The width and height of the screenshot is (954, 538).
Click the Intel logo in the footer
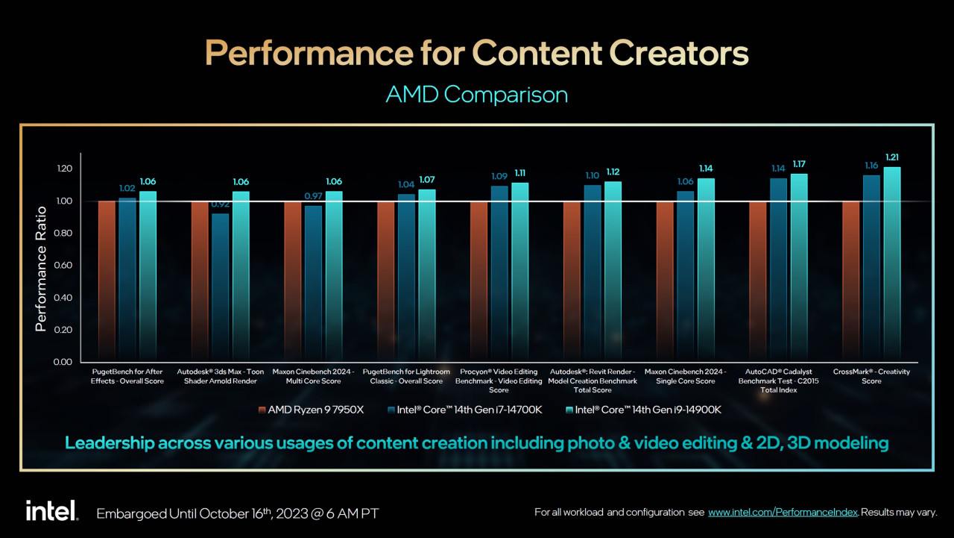coord(51,511)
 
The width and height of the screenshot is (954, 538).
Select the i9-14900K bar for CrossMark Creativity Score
coord(892,264)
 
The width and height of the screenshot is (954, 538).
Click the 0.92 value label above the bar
coord(221,204)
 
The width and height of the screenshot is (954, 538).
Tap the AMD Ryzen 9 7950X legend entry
coord(311,410)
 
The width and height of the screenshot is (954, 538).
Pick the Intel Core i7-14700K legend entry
coord(464,410)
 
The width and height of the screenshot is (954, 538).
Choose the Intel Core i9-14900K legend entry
coord(643,410)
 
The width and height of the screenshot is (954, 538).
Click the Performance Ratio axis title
coord(41,264)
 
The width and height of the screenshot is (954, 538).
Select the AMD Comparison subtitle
coord(476,95)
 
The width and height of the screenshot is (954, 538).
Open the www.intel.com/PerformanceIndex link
coord(783,513)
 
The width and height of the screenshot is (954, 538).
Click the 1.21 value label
coord(892,157)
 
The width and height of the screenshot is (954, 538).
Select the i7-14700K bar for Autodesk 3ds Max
coord(221,287)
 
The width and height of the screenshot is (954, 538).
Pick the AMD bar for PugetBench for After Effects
coord(107,281)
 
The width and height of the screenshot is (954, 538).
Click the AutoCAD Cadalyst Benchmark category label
coord(778,381)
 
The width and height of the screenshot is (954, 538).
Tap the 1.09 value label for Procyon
coord(499,176)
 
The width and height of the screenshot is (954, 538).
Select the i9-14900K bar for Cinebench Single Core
coord(706,269)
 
